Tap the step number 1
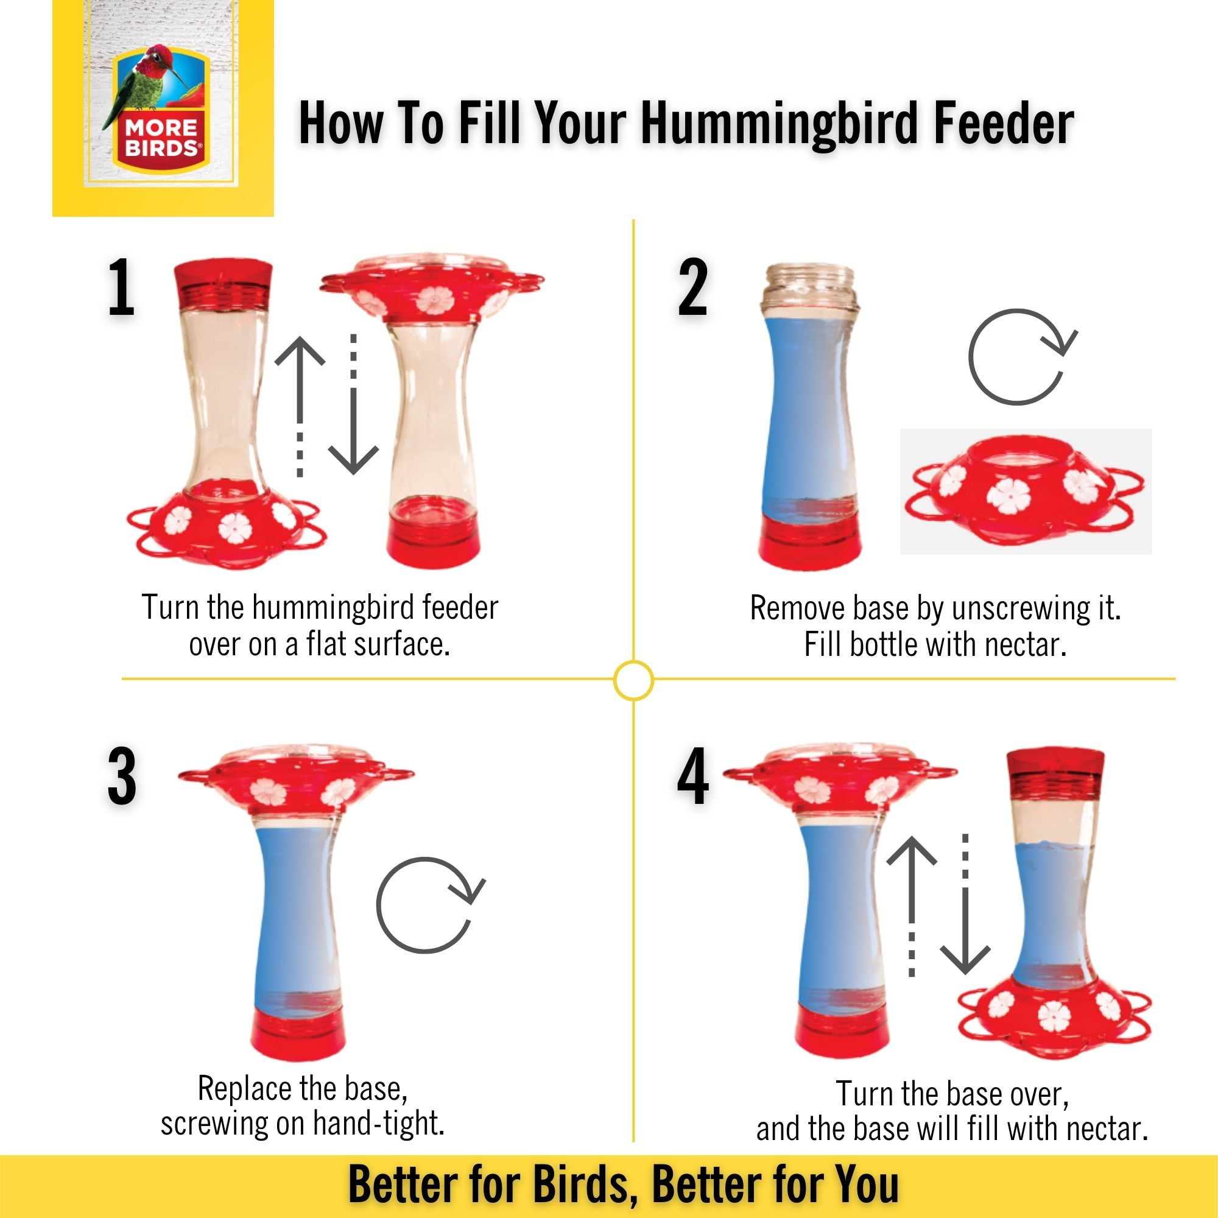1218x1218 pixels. point(121,287)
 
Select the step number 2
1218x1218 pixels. point(692,287)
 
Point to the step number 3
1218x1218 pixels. point(122,776)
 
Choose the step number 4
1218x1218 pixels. point(693,776)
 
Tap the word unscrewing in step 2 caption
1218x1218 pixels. point(1021,609)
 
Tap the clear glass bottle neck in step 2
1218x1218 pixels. point(809,289)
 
